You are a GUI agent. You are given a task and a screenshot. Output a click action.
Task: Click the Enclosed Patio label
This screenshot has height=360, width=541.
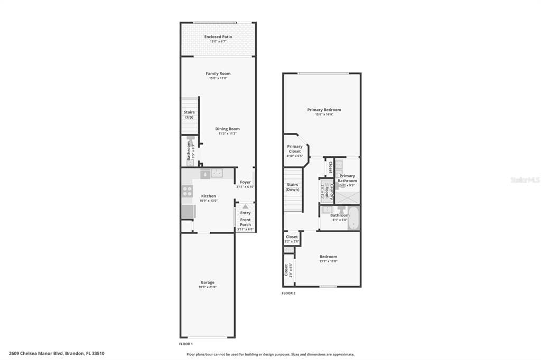click(218, 37)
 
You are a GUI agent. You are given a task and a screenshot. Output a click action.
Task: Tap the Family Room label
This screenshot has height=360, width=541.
click(218, 73)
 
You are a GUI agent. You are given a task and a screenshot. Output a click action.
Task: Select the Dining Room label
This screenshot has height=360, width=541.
click(227, 129)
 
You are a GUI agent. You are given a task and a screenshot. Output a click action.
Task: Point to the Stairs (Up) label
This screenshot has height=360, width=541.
click(189, 115)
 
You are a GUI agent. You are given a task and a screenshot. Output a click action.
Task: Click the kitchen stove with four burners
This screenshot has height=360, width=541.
click(187, 192)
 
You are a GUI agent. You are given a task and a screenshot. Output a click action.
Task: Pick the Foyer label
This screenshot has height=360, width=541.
click(246, 182)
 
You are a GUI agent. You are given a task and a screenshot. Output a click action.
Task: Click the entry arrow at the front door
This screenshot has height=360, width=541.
click(245, 207)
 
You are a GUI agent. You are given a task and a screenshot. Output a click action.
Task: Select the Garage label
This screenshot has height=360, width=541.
click(208, 282)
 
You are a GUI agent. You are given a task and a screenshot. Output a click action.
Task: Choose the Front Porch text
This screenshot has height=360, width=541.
click(246, 222)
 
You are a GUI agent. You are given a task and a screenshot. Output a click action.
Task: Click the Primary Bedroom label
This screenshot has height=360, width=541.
click(324, 110)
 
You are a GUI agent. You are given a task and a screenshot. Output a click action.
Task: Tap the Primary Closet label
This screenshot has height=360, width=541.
click(295, 149)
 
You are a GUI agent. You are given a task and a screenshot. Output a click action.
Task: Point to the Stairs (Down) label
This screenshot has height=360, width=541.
click(293, 187)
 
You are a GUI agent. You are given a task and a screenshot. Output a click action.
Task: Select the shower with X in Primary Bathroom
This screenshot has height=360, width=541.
click(347, 196)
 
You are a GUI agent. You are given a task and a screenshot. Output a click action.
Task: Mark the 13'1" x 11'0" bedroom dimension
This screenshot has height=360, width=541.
click(328, 261)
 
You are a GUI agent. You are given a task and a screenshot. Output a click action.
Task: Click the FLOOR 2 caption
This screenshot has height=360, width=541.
click(288, 293)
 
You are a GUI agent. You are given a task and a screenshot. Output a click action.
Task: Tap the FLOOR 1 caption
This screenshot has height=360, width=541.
click(186, 344)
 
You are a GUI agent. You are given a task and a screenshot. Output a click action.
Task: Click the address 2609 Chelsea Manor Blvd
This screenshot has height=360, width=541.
click(36, 353)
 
